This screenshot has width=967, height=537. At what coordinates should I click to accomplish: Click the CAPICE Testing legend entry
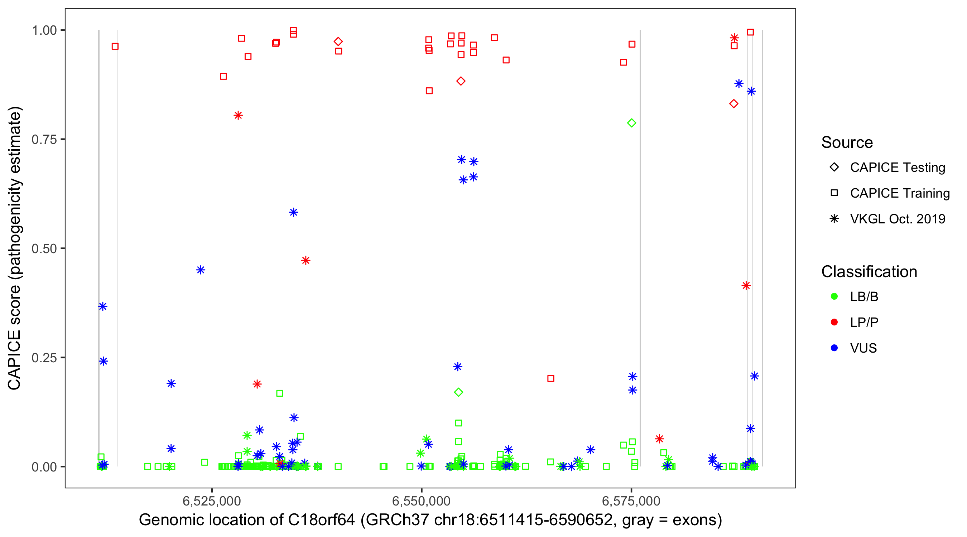tap(897, 168)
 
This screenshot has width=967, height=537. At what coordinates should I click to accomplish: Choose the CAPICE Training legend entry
tap(899, 193)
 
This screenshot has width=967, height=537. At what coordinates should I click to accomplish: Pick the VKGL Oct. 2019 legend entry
tap(897, 219)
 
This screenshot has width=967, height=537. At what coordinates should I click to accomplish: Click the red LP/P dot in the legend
tap(834, 322)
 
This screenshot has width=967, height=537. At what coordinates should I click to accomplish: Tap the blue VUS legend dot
tap(834, 348)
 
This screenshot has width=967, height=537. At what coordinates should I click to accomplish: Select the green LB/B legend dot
tap(834, 296)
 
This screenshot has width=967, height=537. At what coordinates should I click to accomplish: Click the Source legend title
tap(847, 142)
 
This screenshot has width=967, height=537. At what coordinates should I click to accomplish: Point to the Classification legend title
tap(869, 272)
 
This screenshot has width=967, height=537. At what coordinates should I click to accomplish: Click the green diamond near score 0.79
tap(631, 123)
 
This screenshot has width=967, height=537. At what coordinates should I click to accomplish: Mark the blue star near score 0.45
tap(201, 270)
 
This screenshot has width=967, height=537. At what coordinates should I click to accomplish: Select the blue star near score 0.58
tap(294, 212)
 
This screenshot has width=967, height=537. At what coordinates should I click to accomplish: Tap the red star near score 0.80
tap(238, 115)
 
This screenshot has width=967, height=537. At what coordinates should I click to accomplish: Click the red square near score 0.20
tap(551, 378)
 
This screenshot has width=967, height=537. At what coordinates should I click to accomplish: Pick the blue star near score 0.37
tap(102, 306)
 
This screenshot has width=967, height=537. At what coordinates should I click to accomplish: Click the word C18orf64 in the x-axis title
tap(321, 520)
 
